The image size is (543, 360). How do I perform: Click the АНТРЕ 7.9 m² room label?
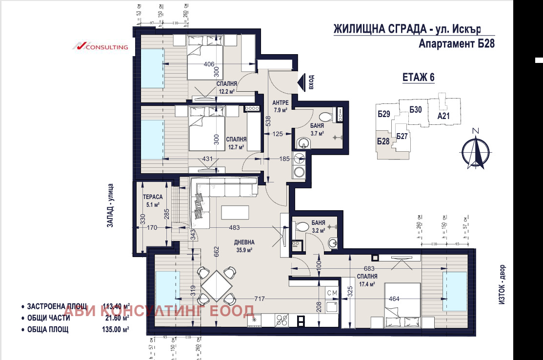click(281, 106)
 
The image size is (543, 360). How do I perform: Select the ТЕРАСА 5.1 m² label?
click(151, 200)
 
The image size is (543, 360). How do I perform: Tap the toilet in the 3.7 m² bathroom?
click(324, 117)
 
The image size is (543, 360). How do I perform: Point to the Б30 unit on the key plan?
click(416, 110)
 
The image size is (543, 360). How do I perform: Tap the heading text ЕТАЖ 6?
click(418, 77)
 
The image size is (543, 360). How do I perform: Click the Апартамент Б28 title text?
click(457, 44)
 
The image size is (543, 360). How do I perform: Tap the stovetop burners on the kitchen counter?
click(282, 320)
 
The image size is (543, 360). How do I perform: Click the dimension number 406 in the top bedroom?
click(209, 64)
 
